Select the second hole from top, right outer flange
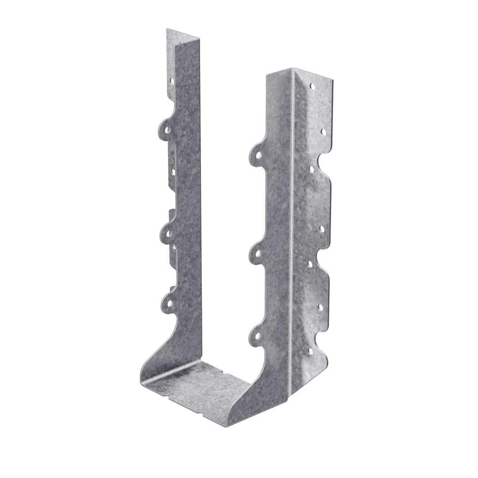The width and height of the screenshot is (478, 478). coord(323,131)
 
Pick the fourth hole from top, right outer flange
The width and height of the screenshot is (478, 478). coord(322,229)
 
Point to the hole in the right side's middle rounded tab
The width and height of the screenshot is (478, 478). coord(256,252)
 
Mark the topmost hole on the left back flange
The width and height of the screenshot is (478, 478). coord(172,80)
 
